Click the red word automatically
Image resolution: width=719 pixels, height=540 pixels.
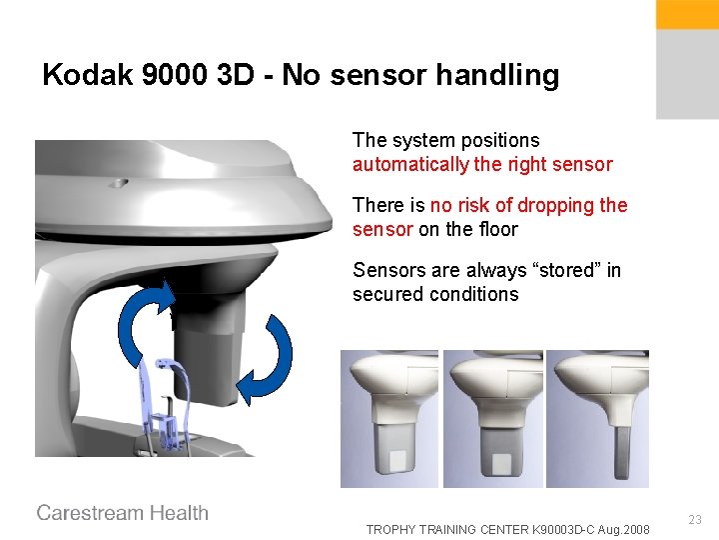pos(410,165)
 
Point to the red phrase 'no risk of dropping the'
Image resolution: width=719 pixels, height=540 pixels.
pos(529,205)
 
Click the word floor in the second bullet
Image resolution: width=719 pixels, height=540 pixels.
pos(496,229)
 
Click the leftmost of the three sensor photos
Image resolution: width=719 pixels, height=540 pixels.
pos(389,418)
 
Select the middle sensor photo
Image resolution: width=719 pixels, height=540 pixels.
pos(492,418)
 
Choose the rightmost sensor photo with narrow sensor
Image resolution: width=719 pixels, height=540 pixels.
pos(597,418)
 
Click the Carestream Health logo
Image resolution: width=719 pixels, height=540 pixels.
pos(123,513)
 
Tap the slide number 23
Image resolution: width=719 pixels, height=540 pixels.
pos(695,519)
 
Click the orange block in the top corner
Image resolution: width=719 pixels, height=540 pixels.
pos(687,14)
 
